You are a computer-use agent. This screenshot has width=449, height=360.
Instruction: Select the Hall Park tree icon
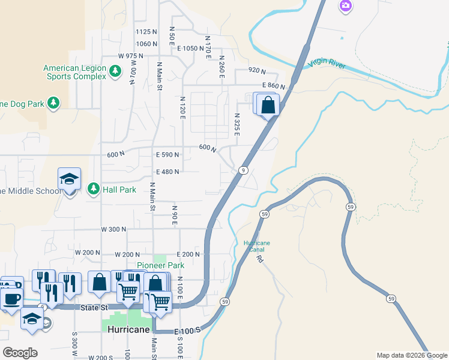pos(94,190)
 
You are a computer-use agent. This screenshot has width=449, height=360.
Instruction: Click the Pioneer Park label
pos(160,265)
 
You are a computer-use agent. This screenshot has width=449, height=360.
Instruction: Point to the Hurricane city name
pos(128,329)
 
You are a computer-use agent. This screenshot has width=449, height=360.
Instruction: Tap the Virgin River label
pos(327,64)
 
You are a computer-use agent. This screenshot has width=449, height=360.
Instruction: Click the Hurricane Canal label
pos(257,246)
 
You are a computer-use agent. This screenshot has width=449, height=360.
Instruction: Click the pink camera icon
pos(345,7)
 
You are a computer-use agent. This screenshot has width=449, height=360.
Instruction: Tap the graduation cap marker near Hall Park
pos(69,179)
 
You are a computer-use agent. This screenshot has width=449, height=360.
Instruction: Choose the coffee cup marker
pos(12,298)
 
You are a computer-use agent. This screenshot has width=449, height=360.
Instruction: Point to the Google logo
pos(20,352)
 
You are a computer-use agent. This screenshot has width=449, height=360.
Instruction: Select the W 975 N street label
pos(131,56)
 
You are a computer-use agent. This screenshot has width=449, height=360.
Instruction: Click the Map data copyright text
pos(412,355)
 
